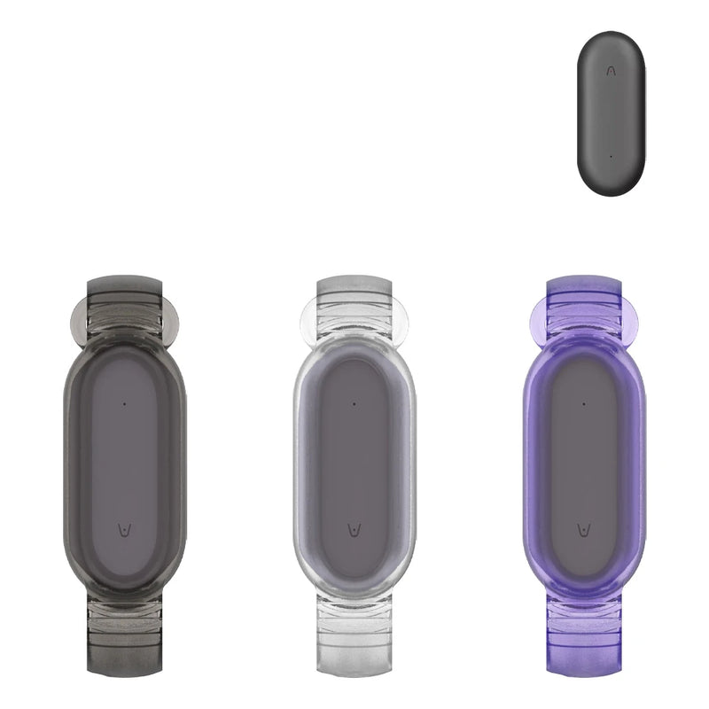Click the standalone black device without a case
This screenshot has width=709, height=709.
pyautogui.click(x=612, y=113)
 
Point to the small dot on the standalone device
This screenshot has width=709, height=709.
pyautogui.click(x=611, y=157)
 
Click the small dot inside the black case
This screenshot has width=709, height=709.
pyautogui.click(x=124, y=403)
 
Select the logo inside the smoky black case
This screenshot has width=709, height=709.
pyautogui.click(x=124, y=529)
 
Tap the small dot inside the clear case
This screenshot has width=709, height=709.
pyautogui.click(x=354, y=403)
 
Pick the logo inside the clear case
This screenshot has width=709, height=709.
pyautogui.click(x=354, y=529)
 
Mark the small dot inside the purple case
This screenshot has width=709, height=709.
pyautogui.click(x=584, y=403)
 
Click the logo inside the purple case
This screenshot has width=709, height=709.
pyautogui.click(x=584, y=529)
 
